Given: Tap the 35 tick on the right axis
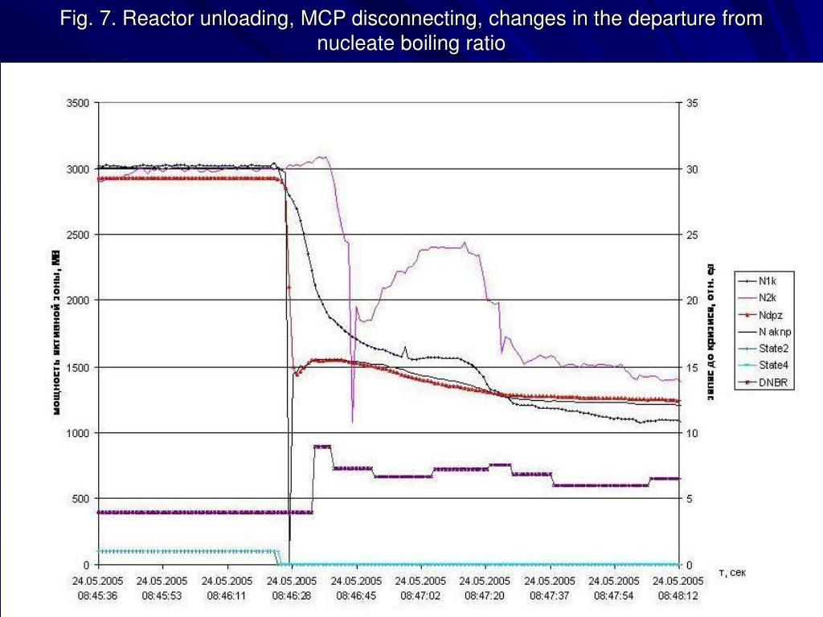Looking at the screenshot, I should click(x=692, y=103).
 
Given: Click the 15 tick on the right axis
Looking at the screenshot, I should click(x=692, y=367).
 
